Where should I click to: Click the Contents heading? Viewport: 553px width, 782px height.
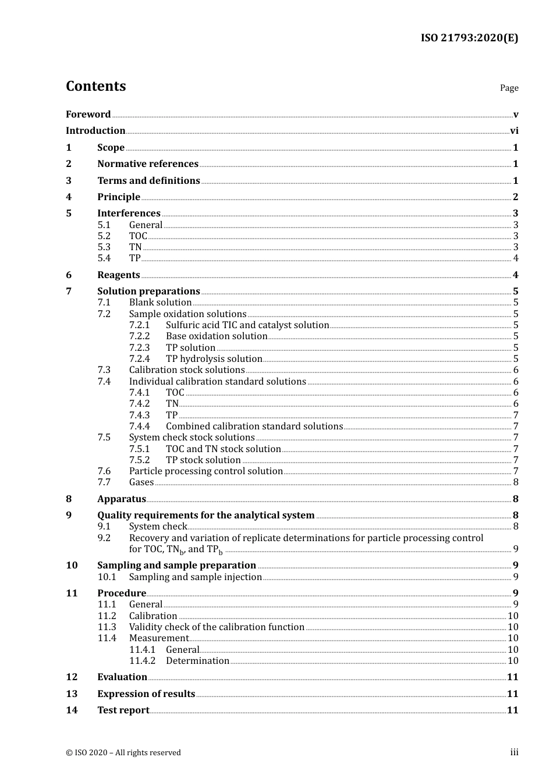95,86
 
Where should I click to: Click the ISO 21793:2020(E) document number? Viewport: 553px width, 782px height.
469,38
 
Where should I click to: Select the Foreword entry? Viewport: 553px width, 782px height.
88,114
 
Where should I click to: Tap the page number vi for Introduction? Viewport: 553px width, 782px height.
514,130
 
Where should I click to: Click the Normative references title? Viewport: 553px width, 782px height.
148,163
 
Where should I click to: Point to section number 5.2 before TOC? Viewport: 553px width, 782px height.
104,236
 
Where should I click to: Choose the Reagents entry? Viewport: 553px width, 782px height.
119,275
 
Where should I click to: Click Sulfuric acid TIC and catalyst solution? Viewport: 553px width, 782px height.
247,325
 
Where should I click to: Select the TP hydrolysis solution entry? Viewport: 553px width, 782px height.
214,358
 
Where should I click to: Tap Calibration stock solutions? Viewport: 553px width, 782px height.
187,369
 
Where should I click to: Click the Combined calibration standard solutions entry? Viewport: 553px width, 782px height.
254,426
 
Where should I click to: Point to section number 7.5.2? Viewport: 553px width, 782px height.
139,460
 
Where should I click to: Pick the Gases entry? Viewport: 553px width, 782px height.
141,482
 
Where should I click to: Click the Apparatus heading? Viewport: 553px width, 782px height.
122,499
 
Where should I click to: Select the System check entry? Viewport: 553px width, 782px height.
158,526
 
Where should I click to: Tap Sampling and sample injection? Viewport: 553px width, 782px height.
196,577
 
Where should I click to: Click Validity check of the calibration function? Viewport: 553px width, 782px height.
217,627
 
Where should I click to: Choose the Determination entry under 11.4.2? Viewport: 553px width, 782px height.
197,660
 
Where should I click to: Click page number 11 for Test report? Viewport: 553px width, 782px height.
512,710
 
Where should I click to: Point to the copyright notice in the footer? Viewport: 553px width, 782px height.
123,752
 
